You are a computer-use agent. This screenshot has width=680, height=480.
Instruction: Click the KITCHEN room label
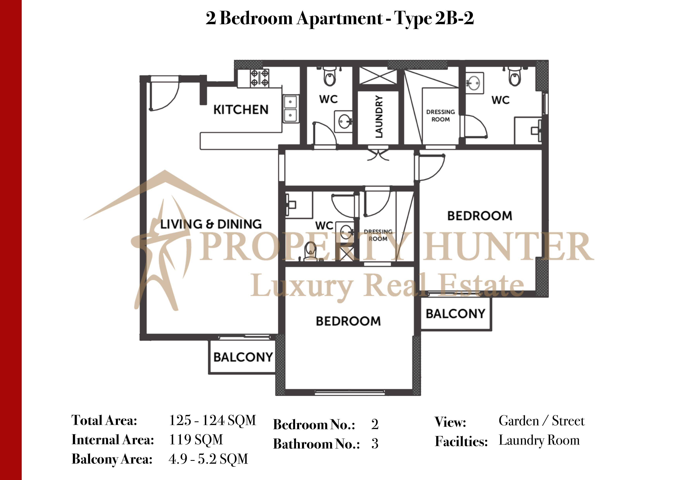coord(241,110)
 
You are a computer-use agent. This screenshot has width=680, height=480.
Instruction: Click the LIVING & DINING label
coord(211,224)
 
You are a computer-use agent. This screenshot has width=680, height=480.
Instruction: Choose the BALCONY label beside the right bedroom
coord(456,314)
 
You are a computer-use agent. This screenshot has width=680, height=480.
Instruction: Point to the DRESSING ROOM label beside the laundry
coord(440,116)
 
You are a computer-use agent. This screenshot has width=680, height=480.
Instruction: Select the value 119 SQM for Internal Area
coord(196,440)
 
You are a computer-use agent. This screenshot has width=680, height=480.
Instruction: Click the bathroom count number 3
coord(375,444)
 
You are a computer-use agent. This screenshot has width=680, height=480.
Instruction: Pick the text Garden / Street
coord(541,421)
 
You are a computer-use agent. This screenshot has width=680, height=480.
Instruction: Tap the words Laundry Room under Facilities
coord(539,440)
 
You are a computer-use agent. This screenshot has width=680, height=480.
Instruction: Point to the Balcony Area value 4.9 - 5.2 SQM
coord(208,459)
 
